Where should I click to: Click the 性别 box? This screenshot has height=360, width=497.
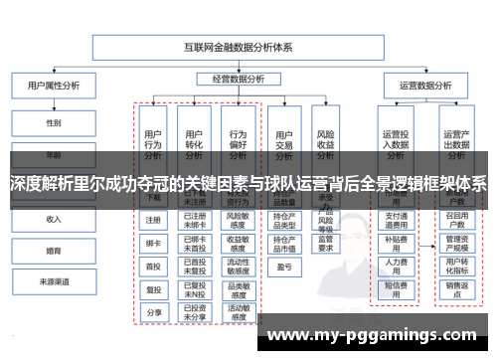[53, 123]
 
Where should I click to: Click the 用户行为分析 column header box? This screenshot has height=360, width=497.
[153, 140]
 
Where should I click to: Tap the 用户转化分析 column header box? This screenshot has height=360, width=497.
[195, 140]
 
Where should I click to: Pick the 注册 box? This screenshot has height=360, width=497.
[153, 220]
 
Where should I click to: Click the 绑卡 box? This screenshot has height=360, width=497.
[153, 243]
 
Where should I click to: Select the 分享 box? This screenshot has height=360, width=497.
[153, 311]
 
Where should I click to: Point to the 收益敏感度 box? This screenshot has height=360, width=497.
[238, 243]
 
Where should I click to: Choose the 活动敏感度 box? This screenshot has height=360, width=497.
[238, 311]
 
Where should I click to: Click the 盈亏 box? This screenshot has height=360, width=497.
[283, 266]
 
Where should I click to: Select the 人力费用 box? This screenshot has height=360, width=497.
[396, 266]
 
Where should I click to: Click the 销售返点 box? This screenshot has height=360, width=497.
[456, 288]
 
